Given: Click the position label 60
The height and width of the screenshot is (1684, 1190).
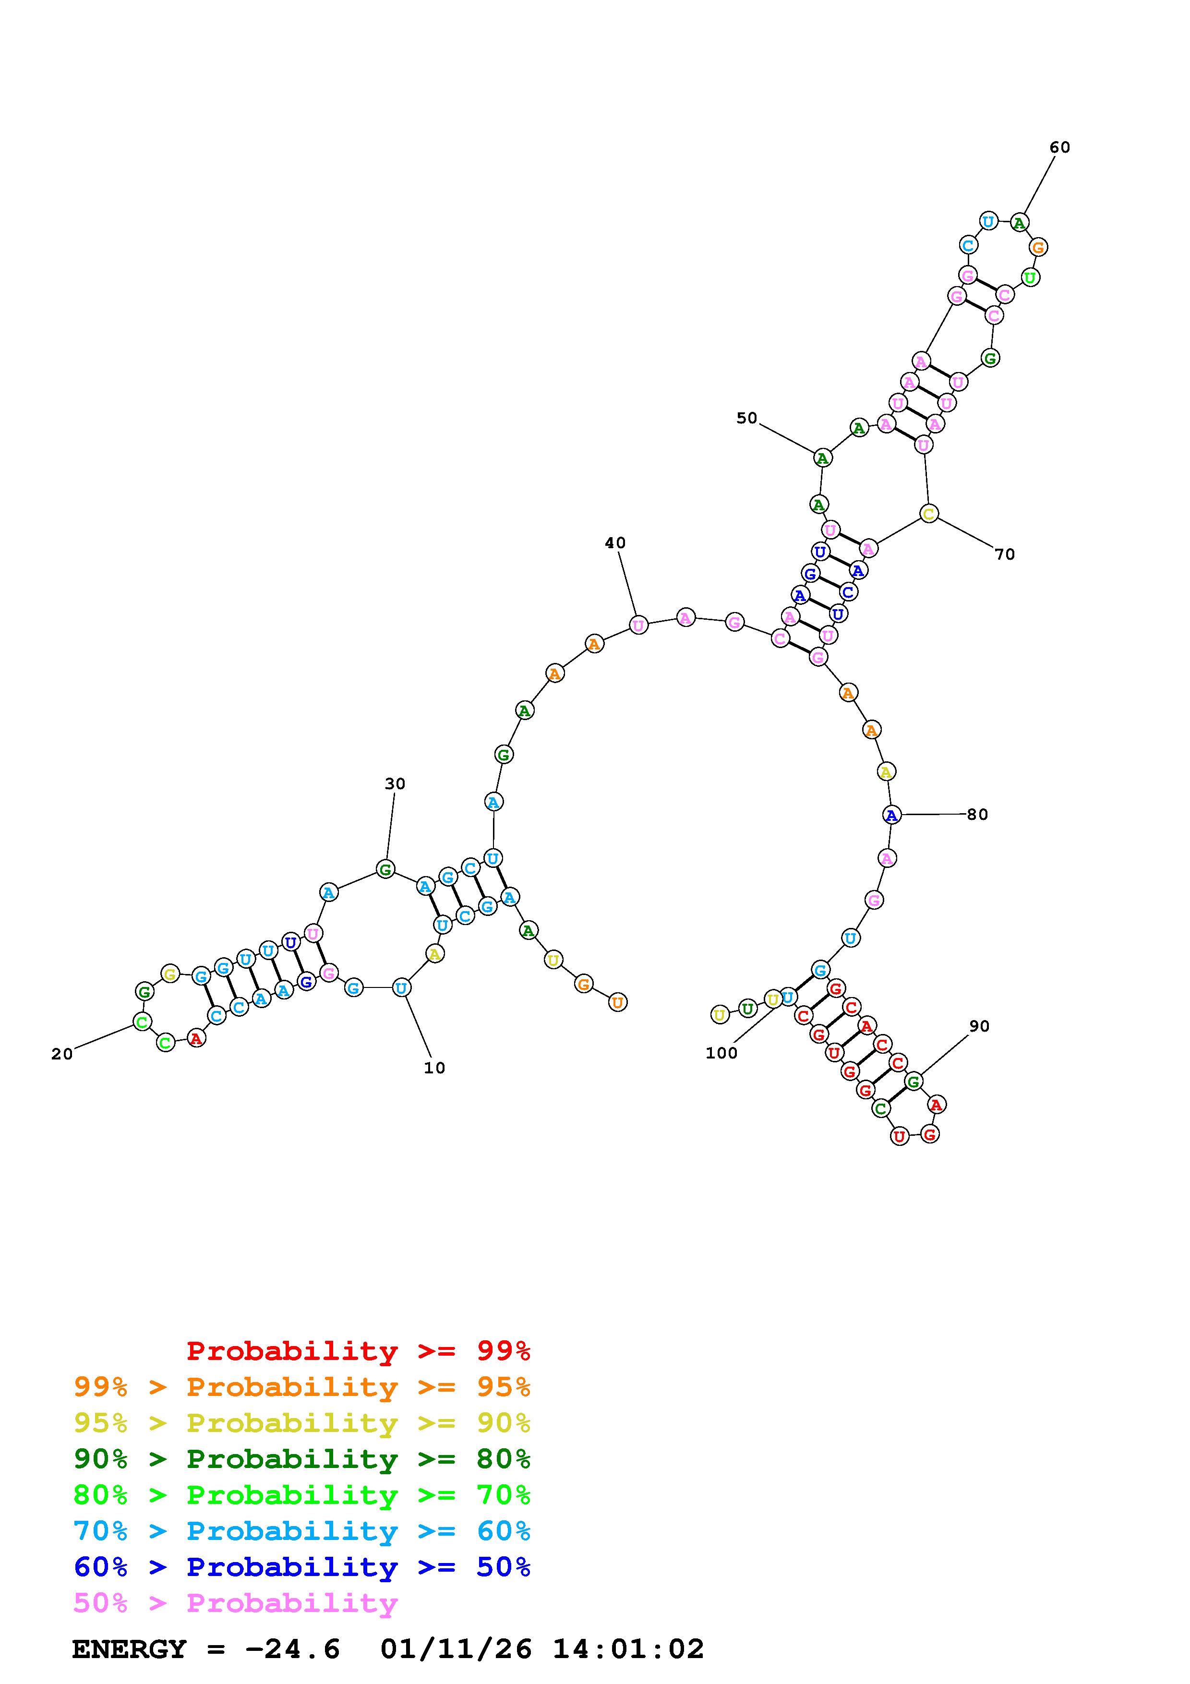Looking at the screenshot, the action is [x=1059, y=147].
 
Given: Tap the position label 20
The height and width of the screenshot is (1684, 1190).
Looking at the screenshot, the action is [x=62, y=1054].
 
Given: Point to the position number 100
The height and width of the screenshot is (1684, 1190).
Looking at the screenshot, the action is [x=721, y=1053].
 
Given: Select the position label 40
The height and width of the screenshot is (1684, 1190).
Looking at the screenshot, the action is [x=615, y=543].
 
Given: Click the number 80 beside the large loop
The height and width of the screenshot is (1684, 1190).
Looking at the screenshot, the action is [x=977, y=814].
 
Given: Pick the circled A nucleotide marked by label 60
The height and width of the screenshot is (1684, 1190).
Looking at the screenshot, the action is [x=1019, y=222].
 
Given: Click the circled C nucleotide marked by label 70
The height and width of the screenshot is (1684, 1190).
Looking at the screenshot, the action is [x=929, y=514].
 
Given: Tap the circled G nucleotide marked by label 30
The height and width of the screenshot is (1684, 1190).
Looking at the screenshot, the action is [x=385, y=869].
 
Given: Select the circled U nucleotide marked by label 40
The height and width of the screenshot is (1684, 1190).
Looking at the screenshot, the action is [x=638, y=625].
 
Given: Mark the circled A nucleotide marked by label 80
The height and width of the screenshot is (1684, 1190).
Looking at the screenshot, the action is [x=891, y=815].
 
